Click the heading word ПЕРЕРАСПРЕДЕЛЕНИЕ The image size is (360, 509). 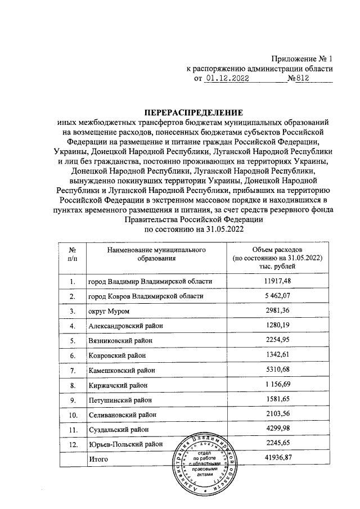[188, 112]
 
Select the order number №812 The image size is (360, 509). [299, 79]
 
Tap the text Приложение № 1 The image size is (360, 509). [303, 58]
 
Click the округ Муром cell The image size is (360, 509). [109, 311]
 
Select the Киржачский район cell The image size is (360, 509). [117, 385]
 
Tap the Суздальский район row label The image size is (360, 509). [119, 430]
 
